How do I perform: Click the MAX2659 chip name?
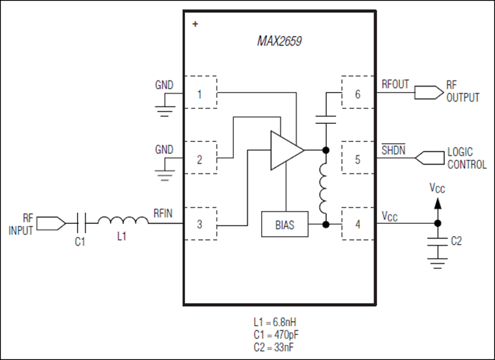pyautogui.click(x=279, y=41)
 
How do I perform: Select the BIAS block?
pyautogui.click(x=285, y=224)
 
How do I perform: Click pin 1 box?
pyautogui.click(x=201, y=92)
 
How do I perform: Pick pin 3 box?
pyautogui.click(x=201, y=224)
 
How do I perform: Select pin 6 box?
pyautogui.click(x=358, y=92)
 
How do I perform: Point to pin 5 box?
pyautogui.click(x=358, y=158)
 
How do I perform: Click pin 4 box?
pyautogui.click(x=358, y=224)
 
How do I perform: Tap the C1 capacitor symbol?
pyautogui.click(x=81, y=223)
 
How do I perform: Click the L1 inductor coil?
pyautogui.click(x=123, y=220)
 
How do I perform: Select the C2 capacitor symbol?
pyautogui.click(x=437, y=242)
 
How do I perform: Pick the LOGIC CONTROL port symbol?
pyautogui.click(x=430, y=158)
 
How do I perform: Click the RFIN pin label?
pyautogui.click(x=163, y=213)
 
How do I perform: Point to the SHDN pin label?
pyautogui.click(x=394, y=150)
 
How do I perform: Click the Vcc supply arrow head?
pyautogui.click(x=437, y=203)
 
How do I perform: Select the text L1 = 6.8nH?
pyautogui.click(x=275, y=322)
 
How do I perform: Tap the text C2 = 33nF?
pyautogui.click(x=273, y=347)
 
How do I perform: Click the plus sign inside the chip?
pyautogui.click(x=196, y=24)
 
